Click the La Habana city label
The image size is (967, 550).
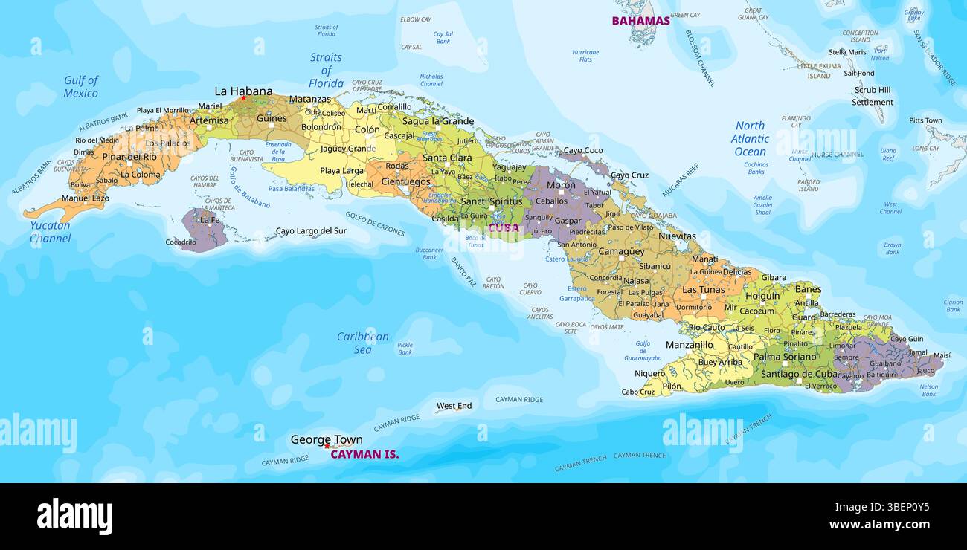click(x=243, y=91)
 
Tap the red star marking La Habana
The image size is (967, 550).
click(x=243, y=98)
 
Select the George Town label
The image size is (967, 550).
click(x=326, y=439)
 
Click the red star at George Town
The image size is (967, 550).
click(x=327, y=447)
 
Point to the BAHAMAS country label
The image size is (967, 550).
click(x=640, y=21)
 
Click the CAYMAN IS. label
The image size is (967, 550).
click(x=364, y=454)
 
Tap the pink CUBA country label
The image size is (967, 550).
click(x=504, y=227)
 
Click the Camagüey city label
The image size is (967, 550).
click(x=621, y=252)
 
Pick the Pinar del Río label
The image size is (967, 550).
click(x=129, y=157)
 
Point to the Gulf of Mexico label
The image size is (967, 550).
click(x=80, y=86)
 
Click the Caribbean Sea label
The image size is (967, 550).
click(x=362, y=343)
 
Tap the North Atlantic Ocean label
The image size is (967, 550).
click(x=750, y=138)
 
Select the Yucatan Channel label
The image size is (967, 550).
click(x=51, y=232)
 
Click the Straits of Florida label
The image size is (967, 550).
click(x=326, y=70)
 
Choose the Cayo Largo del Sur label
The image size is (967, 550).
click(x=311, y=231)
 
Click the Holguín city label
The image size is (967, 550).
click(x=762, y=296)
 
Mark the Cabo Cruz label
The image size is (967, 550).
click(x=638, y=392)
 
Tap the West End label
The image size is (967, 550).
click(x=454, y=406)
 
